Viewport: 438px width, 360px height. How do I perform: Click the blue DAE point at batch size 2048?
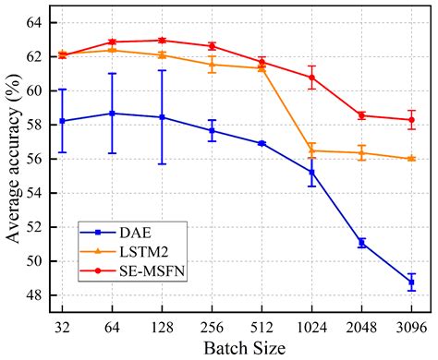[x=362, y=243]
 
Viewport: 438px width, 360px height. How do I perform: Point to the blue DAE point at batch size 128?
[x=162, y=117]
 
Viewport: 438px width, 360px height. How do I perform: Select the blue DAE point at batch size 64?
[x=112, y=113]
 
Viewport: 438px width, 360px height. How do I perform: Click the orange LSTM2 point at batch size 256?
[x=212, y=64]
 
